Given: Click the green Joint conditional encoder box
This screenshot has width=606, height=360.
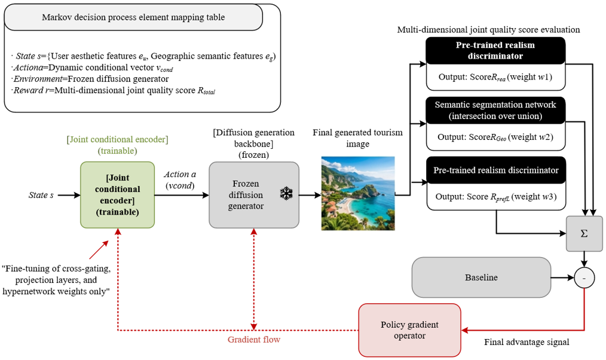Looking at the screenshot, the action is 118,195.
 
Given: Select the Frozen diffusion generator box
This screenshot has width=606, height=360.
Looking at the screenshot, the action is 254,195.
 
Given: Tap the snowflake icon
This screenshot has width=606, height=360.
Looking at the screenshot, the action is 286,194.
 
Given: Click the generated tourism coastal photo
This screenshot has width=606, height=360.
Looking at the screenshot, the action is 358,193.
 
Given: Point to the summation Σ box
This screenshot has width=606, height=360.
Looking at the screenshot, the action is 584,234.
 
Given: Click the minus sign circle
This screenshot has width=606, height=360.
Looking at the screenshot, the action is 584,277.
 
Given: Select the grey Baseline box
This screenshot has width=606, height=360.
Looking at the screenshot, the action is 481,277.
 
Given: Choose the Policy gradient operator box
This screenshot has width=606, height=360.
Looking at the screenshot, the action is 409,330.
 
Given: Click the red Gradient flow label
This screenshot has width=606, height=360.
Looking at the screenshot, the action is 254,340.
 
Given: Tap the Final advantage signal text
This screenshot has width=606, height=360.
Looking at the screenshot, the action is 527,342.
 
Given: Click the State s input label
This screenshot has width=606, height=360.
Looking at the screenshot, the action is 41,195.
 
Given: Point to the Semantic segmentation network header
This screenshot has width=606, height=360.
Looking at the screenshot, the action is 495,110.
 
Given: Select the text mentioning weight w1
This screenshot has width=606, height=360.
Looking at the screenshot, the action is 495,77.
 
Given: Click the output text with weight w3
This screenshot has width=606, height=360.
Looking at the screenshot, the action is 496,197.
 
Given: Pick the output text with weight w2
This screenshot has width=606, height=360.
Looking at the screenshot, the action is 495,137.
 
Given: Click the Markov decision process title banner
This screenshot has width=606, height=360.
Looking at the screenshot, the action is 133,17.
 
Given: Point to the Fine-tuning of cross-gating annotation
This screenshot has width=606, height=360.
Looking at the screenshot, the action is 56,280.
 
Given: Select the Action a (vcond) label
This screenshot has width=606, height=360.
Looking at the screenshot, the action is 180,180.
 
